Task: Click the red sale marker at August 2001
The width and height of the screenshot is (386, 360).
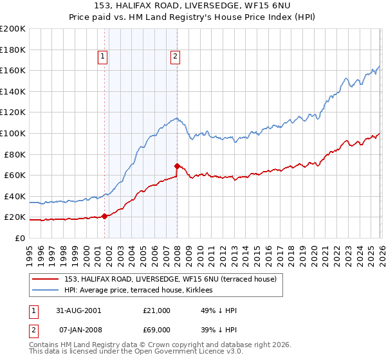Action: pos(104,216)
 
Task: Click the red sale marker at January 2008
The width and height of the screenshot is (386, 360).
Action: pos(177,166)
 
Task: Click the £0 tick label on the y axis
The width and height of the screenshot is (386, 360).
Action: pos(19,238)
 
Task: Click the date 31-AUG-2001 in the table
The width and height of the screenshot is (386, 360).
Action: pos(78,310)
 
